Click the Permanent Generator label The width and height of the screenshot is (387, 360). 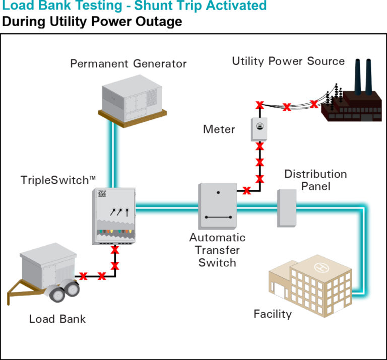tap(128, 64)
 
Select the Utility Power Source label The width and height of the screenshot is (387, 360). tap(288, 61)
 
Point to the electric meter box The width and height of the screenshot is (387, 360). tap(259, 130)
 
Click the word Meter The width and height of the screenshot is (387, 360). tap(219, 129)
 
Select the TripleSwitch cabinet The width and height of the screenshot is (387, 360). tap(114, 216)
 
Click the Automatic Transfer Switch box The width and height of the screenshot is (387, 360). tap(218, 205)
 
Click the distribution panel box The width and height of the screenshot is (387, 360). tap(286, 207)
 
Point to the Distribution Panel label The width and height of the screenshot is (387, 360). tap(315, 180)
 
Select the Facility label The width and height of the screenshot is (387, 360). tap(273, 315)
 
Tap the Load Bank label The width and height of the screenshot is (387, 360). tap(57, 319)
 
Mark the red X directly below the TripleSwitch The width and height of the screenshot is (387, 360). tap(115, 250)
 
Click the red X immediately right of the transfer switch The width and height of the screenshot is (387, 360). tap(246, 190)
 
